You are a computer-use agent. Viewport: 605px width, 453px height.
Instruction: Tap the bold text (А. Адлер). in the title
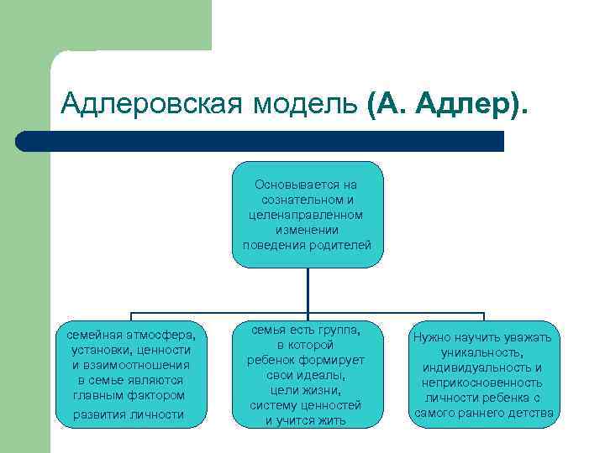(x=449, y=104)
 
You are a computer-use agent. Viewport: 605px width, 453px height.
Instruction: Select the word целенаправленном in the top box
(x=307, y=215)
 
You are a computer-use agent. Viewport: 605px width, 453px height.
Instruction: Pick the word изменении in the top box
(x=307, y=230)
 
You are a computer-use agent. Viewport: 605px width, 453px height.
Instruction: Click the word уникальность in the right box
(x=481, y=353)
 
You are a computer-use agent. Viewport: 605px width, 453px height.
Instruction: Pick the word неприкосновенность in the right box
(x=481, y=383)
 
